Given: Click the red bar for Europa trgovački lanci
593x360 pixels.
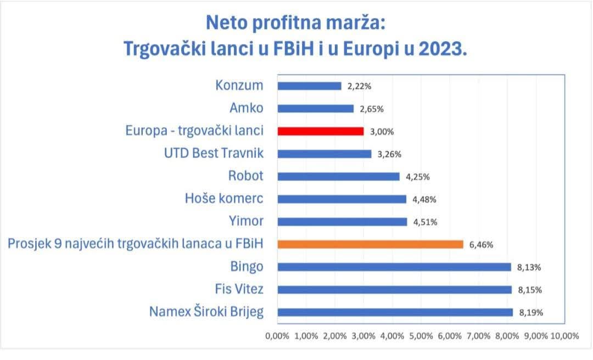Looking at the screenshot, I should pyautogui.click(x=321, y=131).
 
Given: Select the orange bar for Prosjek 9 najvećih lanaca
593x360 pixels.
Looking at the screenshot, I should pyautogui.click(x=371, y=244).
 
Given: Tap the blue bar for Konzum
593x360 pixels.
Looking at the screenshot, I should pyautogui.click(x=309, y=86).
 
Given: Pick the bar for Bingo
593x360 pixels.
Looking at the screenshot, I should pyautogui.click(x=394, y=267).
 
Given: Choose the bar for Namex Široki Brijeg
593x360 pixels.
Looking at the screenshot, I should pyautogui.click(x=395, y=312).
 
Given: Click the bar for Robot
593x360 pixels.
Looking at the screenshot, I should pyautogui.click(x=338, y=177).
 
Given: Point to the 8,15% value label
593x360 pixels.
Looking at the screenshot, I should pyautogui.click(x=529, y=290).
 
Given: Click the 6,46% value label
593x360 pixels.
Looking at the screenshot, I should pyautogui.click(x=481, y=245).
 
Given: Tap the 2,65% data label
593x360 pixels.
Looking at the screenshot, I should pyautogui.click(x=371, y=109).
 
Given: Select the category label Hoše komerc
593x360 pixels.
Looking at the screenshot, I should pyautogui.click(x=224, y=199).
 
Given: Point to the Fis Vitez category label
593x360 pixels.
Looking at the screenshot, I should pyautogui.click(x=239, y=289).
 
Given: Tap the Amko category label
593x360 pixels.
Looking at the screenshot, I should pyautogui.click(x=247, y=108).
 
